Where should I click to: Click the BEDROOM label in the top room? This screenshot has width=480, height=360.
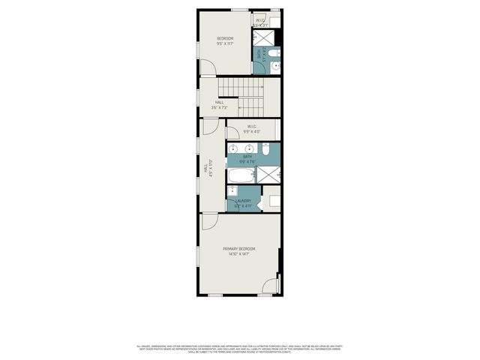(225, 38)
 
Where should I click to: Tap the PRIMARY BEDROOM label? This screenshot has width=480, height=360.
(238, 248)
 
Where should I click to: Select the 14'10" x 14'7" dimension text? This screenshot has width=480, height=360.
(238, 254)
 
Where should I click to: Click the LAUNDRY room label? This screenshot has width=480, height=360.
(243, 200)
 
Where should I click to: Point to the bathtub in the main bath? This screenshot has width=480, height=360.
(241, 176)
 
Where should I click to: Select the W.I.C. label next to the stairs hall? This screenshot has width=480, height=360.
(253, 127)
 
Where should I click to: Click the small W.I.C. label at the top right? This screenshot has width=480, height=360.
(260, 19)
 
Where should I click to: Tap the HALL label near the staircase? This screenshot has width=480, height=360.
(219, 102)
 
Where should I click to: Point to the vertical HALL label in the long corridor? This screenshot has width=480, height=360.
(205, 169)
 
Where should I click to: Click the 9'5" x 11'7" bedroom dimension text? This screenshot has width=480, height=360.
(225, 44)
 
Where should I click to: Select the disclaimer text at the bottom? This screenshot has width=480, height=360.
(239, 349)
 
